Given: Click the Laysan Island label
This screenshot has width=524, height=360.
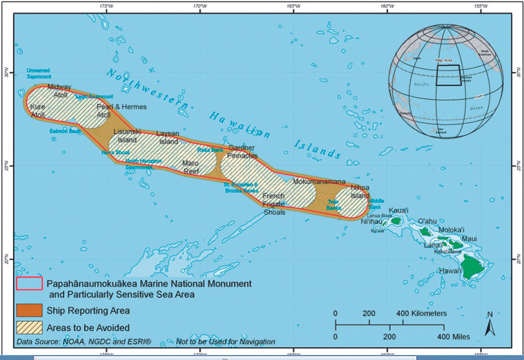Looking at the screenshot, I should click(x=168, y=137).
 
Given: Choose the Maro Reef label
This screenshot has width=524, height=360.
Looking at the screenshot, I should click(x=190, y=167).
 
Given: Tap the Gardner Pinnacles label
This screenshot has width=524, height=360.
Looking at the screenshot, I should click(x=243, y=152).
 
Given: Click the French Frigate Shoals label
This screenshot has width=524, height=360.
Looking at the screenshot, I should click(x=273, y=204).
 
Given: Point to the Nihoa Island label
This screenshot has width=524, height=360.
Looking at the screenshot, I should click(x=360, y=191).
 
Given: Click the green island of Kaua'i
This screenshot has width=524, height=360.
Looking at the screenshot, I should click(x=396, y=221).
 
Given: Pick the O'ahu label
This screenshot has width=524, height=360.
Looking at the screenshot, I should click(x=428, y=221).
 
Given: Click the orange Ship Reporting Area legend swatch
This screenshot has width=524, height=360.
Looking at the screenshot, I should click(x=29, y=308).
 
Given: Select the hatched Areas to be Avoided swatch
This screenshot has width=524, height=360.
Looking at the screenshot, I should click(x=29, y=328).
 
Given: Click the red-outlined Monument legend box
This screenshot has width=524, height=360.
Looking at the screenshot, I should click(x=29, y=283).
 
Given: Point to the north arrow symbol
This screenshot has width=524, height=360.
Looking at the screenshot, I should click(x=489, y=323).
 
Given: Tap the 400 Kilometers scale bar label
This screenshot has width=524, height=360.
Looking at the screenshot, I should click(x=420, y=313).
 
